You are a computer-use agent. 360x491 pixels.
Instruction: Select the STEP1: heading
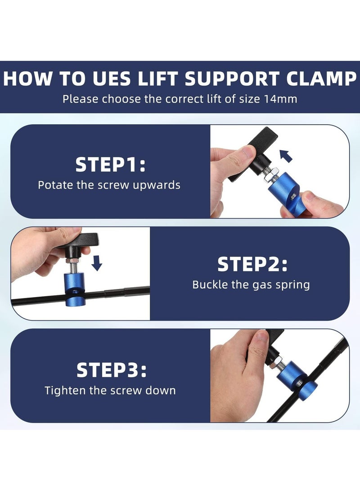tap(110, 165)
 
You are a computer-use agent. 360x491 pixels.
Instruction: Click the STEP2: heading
tap(252, 264)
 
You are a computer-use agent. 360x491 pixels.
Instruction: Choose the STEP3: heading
tap(111, 370)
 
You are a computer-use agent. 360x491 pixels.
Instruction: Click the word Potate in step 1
tap(54, 185)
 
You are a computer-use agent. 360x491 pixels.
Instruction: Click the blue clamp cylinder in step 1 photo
tap(283, 191)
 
